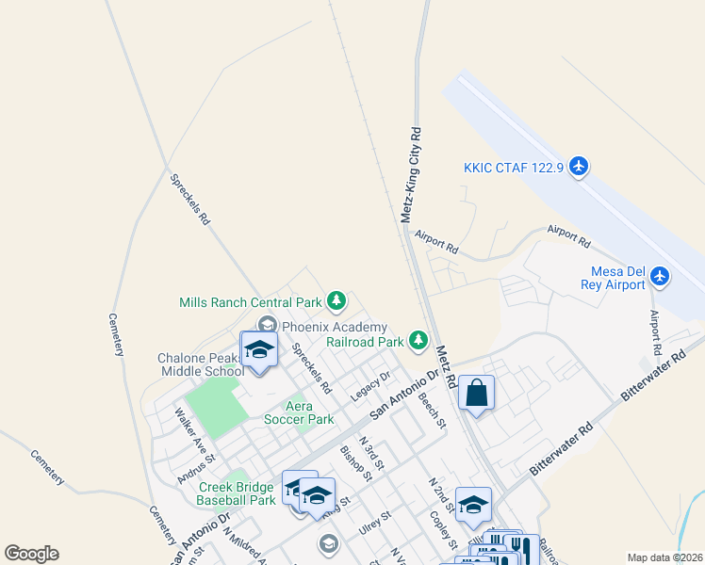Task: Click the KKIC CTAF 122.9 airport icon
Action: click(579, 168)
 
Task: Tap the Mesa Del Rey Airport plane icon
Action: click(660, 277)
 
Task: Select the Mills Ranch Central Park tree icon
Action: click(336, 302)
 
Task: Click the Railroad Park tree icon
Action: click(418, 340)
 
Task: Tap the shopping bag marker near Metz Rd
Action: click(477, 393)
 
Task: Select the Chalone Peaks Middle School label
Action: click(201, 364)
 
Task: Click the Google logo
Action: click(31, 554)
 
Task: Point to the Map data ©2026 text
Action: click(664, 557)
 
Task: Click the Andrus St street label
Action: click(196, 468)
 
